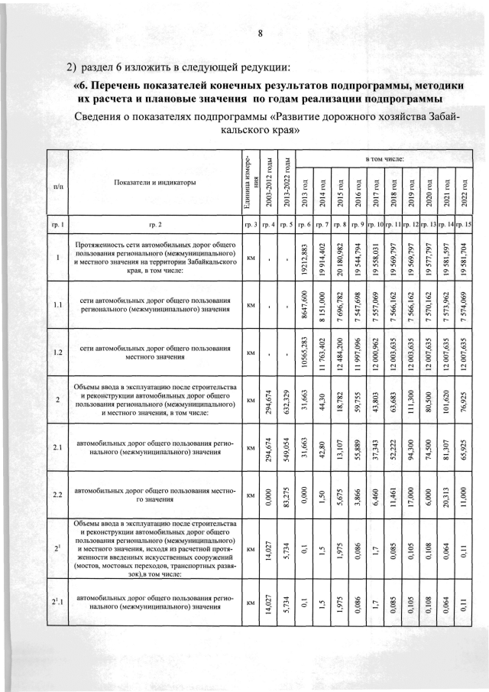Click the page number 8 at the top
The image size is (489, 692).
[260, 33]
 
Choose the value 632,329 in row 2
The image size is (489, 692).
[285, 399]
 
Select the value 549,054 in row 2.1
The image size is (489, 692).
[285, 447]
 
